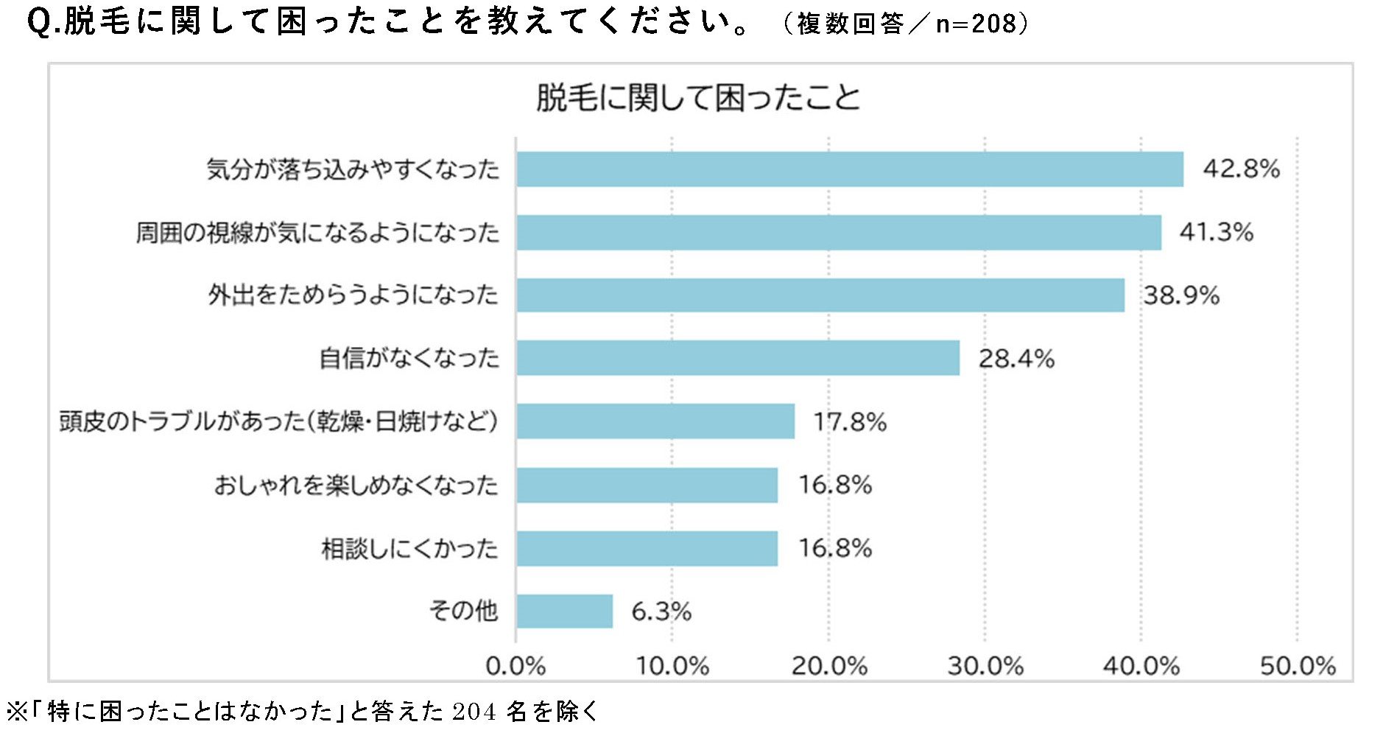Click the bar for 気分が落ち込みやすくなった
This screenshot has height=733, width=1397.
tap(849, 169)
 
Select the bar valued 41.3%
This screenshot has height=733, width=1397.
tap(838, 233)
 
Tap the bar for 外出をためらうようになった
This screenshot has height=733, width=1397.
tap(820, 295)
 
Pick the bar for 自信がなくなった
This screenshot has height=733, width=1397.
tap(737, 358)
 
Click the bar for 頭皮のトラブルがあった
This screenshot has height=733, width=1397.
tap(655, 421)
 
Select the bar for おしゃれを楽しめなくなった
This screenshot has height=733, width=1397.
tap(647, 485)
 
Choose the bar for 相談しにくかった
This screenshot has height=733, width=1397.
tap(647, 548)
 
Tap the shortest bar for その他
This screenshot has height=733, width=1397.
tap(564, 611)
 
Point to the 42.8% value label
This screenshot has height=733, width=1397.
tap(1241, 169)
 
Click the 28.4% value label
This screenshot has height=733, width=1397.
tap(1016, 359)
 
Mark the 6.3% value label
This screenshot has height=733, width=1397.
tap(661, 611)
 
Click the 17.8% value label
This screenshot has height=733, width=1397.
tap(850, 422)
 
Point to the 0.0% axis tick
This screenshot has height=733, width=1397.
tap(515, 667)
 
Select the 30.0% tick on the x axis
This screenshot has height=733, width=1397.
tap(985, 667)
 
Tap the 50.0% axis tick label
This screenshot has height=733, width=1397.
tap(1298, 667)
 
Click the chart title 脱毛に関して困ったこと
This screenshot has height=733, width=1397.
tap(697, 98)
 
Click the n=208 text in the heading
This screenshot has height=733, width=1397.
tap(976, 24)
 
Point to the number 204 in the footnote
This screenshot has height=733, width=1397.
tap(474, 712)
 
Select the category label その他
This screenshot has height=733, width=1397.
tap(463, 611)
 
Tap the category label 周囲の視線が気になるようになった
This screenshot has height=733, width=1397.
tap(317, 233)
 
